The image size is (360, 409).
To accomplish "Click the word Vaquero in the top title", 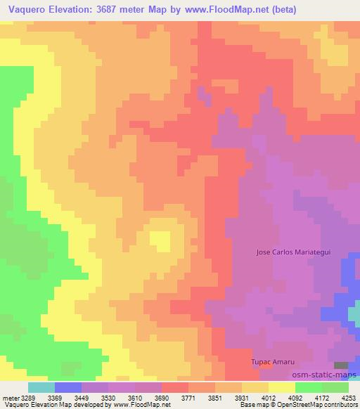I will click(x=27, y=10).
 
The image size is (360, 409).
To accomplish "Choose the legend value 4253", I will click(x=348, y=398).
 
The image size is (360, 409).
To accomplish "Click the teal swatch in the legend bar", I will click(x=41, y=388).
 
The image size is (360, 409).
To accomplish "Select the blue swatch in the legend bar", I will click(x=67, y=388).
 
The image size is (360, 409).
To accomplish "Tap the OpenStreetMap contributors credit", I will click(x=324, y=405).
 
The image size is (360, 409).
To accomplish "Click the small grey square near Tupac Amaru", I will click(x=340, y=365).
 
